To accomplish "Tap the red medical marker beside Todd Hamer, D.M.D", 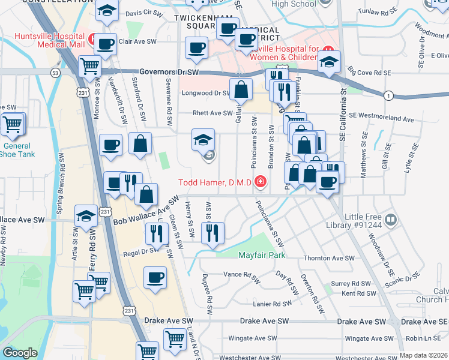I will [x=260, y=181].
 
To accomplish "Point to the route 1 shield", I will [x=389, y=96].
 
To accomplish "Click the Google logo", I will [x=20, y=353].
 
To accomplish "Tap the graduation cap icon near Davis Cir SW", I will [x=107, y=11].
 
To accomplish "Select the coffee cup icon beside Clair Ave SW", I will [x=106, y=44].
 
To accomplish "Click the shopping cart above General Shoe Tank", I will [x=12, y=125].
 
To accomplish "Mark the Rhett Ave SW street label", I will [x=212, y=113].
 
